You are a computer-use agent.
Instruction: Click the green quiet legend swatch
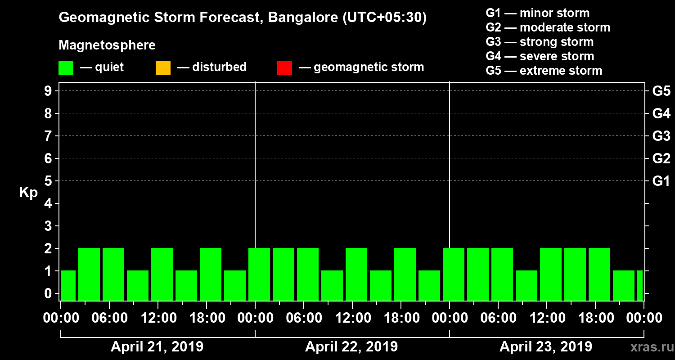(x=66, y=68)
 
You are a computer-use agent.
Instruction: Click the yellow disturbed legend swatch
(x=163, y=68)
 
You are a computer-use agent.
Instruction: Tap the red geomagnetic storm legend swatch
(x=284, y=68)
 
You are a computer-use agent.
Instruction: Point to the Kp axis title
(x=28, y=192)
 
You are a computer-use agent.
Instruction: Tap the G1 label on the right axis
(x=661, y=181)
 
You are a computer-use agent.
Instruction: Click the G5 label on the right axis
(x=661, y=91)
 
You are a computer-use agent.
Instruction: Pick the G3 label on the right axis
(x=661, y=136)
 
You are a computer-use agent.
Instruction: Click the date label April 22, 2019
(x=351, y=347)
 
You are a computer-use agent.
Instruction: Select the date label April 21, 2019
(x=157, y=347)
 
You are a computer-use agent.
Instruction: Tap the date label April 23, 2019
(x=546, y=347)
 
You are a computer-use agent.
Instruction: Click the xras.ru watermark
(x=648, y=347)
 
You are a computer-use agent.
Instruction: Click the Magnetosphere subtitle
(x=107, y=45)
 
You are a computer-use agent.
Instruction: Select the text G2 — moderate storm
(x=548, y=27)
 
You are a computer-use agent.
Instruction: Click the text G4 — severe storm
(x=540, y=56)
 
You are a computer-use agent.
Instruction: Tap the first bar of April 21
(x=68, y=285)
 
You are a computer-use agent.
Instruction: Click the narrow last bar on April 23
(x=639, y=285)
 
